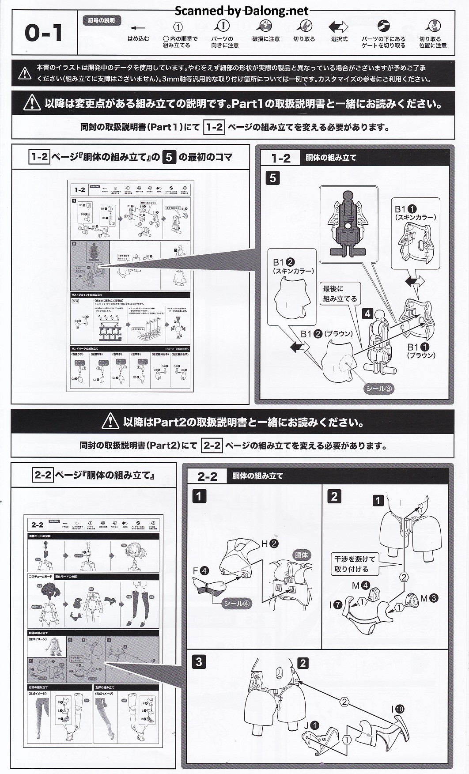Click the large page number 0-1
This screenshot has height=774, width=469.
[x=43, y=34]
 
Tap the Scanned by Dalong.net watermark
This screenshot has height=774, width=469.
[x=241, y=11]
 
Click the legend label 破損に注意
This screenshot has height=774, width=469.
[x=265, y=39]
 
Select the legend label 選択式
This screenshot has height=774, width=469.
[x=339, y=39]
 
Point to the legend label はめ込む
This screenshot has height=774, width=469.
[x=138, y=39]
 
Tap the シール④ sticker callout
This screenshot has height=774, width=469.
[x=237, y=603]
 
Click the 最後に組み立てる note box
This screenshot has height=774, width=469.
[x=339, y=294]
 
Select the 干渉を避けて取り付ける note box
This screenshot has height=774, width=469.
[x=354, y=564]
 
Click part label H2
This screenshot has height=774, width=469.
[x=270, y=544]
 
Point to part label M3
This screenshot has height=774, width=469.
[x=429, y=598]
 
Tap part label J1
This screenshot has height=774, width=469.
[x=311, y=725]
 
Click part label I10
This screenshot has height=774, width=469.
[x=397, y=709]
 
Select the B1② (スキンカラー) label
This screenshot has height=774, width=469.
[x=293, y=266]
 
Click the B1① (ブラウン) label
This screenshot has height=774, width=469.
[x=421, y=351]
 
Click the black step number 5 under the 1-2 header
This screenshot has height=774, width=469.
[x=272, y=178]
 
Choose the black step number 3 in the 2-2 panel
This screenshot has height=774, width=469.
[x=199, y=662]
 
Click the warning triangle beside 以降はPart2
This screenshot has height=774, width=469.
[x=110, y=422]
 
